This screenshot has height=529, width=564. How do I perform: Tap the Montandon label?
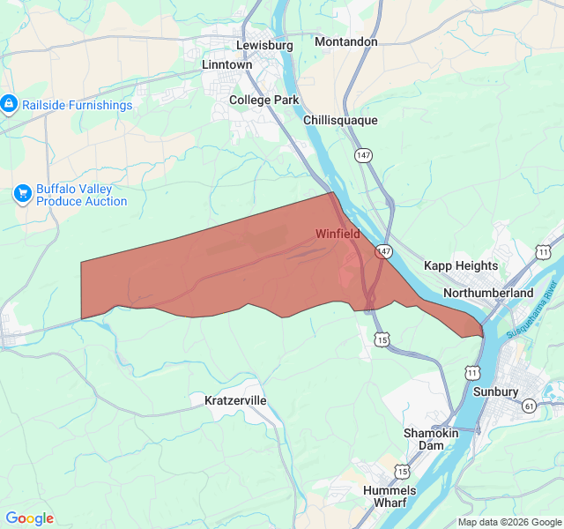[345, 41]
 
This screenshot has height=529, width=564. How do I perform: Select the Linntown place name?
[226, 64]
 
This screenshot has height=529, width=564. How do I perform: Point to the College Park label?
[264, 100]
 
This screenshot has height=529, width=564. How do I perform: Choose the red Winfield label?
[338, 234]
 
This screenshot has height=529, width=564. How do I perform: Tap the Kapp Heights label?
[461, 265]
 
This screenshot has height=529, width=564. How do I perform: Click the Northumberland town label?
[488, 292]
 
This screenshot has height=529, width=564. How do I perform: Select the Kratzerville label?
[235, 400]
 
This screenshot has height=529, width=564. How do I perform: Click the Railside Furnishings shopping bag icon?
[9, 105]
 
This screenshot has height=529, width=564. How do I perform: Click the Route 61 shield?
[529, 406]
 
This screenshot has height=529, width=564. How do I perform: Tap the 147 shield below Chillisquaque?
[363, 155]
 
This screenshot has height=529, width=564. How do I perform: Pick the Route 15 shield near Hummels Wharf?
[402, 471]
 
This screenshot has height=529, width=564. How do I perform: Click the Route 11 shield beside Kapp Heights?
[543, 253]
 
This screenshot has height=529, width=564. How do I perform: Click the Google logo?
[30, 518]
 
